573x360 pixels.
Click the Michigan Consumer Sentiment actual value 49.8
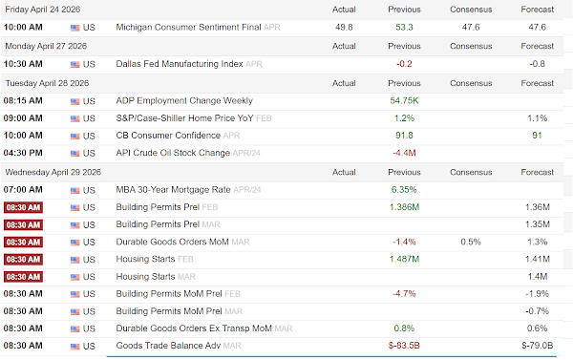(344, 28)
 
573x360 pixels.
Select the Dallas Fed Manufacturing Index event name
(180, 64)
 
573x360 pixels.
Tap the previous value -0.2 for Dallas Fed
(404, 64)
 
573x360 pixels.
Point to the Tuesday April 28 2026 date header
(47, 83)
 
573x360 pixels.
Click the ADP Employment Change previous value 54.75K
(404, 101)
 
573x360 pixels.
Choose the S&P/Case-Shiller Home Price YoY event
(184, 118)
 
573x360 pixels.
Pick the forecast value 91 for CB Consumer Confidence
(537, 136)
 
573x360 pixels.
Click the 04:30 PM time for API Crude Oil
(23, 153)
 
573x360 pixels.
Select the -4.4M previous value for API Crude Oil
(404, 153)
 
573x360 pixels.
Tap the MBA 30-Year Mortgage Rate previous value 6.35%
(404, 190)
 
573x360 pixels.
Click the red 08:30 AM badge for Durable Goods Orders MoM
(23, 242)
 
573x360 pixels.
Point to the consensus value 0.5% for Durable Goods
(471, 242)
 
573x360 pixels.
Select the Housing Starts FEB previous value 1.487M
(404, 259)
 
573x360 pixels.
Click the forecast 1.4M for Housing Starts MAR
(537, 277)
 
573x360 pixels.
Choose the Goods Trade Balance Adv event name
(168, 346)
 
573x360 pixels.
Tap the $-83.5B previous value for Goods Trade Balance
(404, 346)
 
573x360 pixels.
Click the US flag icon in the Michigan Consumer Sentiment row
(74, 28)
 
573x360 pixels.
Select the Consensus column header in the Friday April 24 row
(471, 10)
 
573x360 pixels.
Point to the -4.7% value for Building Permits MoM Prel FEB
(404, 294)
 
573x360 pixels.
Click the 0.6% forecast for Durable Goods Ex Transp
(537, 328)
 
